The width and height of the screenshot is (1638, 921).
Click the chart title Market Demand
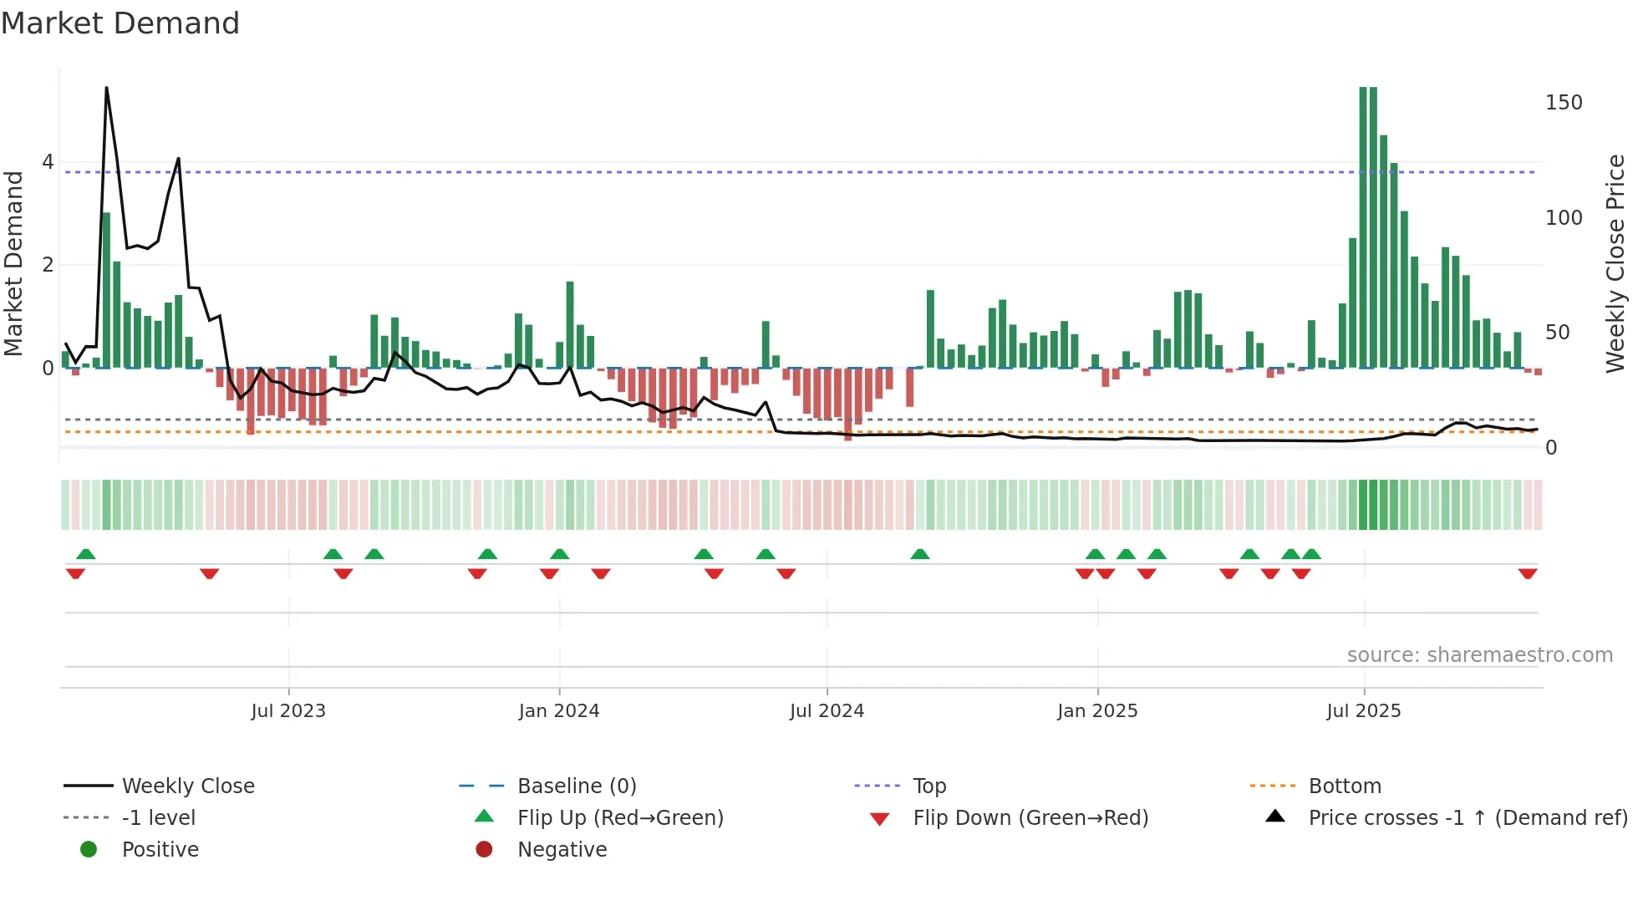120,23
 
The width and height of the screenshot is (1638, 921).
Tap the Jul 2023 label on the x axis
288,711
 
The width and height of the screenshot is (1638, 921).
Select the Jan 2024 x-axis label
559,711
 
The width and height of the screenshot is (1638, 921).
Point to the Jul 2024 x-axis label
827,711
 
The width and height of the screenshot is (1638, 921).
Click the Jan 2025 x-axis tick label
1097,711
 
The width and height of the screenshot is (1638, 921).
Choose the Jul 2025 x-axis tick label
1364,711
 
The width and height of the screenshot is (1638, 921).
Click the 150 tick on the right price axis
1564,103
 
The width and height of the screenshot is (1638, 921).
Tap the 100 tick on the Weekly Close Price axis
1564,218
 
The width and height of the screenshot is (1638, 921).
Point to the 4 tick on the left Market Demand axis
48,162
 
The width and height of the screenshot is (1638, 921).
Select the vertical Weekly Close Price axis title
1615,263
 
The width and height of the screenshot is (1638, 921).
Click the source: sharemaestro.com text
1479,655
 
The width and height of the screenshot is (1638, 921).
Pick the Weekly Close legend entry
188,786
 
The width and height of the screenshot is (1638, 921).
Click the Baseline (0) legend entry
577,786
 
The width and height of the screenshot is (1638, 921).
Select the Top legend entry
929,786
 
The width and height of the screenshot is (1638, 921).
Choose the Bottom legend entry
1345,786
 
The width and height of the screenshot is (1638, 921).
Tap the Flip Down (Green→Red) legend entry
1030,818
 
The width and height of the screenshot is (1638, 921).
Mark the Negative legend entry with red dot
562,850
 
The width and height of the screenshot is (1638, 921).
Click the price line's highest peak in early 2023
106,88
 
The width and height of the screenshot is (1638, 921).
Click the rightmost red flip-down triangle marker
1528,573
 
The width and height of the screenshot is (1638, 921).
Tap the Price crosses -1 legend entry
1467,818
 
